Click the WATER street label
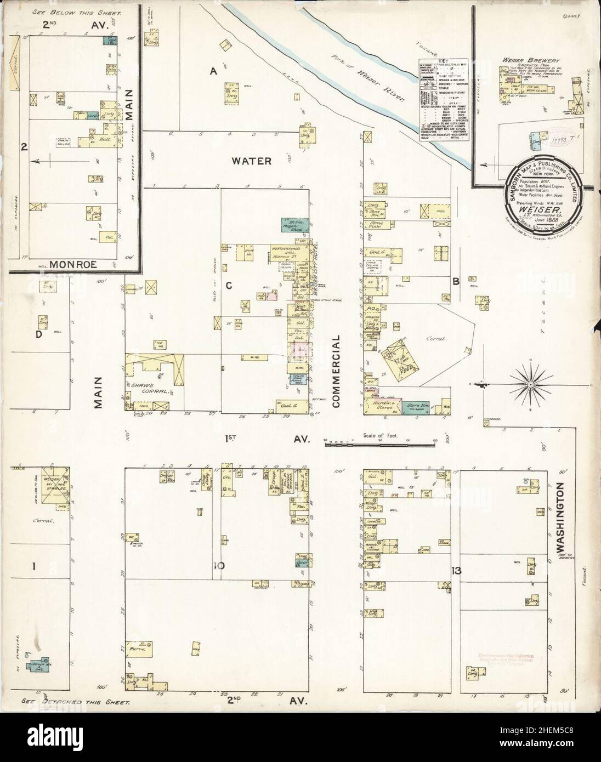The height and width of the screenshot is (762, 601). [x=252, y=161]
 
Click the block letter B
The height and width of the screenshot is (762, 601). [x=455, y=282]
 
